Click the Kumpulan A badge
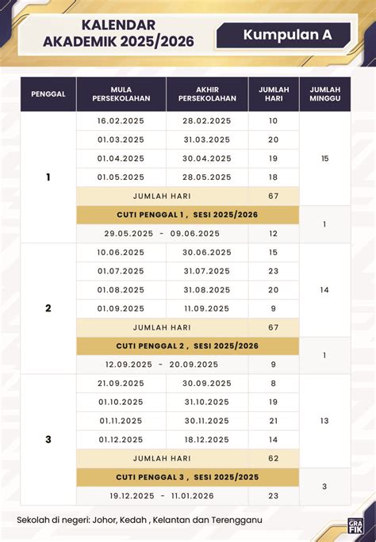click(287, 35)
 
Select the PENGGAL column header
click(48, 94)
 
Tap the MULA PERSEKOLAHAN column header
click(121, 94)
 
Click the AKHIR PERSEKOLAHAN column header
click(207, 94)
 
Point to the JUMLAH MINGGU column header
click(324, 94)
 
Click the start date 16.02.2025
click(121, 120)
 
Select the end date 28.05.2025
click(207, 177)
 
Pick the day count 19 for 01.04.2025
click(274, 158)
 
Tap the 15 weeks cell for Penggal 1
click(324, 159)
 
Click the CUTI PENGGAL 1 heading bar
click(187, 215)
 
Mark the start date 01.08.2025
click(121, 290)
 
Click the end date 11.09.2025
click(207, 308)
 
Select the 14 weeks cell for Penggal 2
click(324, 290)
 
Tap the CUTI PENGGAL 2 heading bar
click(187, 346)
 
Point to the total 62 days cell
click(274, 458)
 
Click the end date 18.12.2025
click(207, 439)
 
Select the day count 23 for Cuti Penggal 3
click(274, 496)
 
